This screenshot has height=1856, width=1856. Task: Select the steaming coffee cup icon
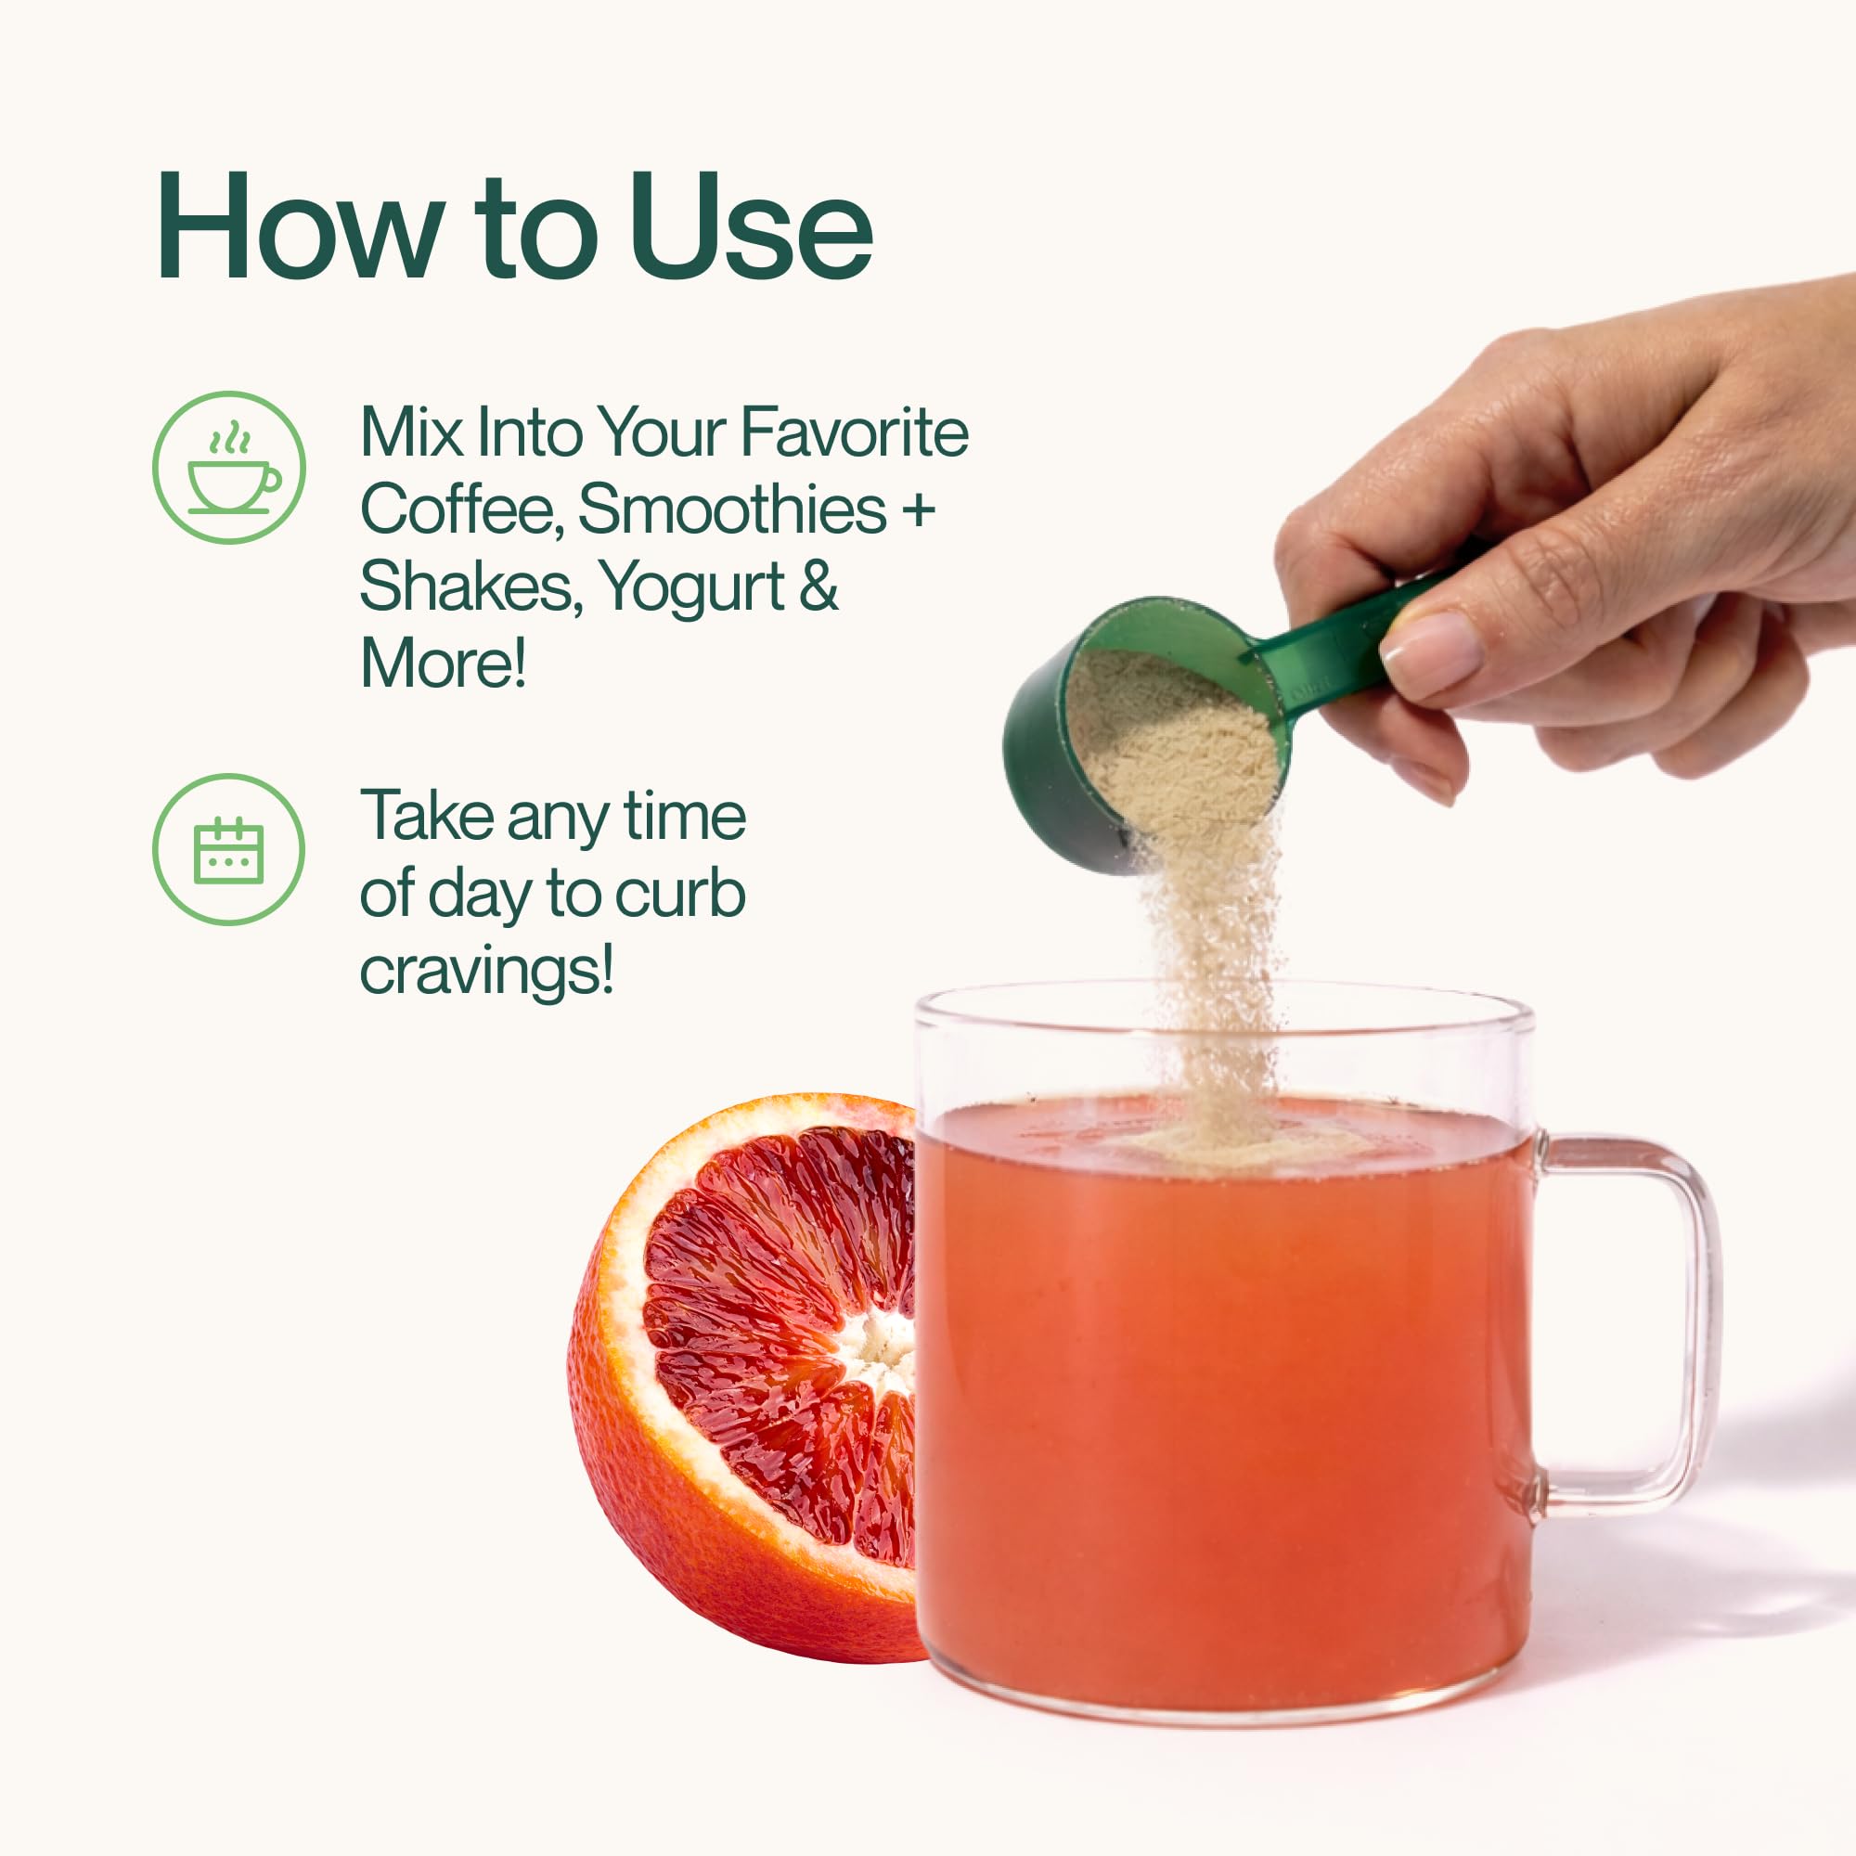click(x=229, y=467)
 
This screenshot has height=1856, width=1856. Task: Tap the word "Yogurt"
click(x=691, y=588)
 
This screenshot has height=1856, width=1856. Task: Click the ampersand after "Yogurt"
click(x=818, y=586)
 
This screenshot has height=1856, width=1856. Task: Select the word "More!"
click(x=444, y=663)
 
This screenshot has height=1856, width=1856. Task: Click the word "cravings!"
click(x=487, y=973)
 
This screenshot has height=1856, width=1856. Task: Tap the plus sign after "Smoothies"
click(x=918, y=510)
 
